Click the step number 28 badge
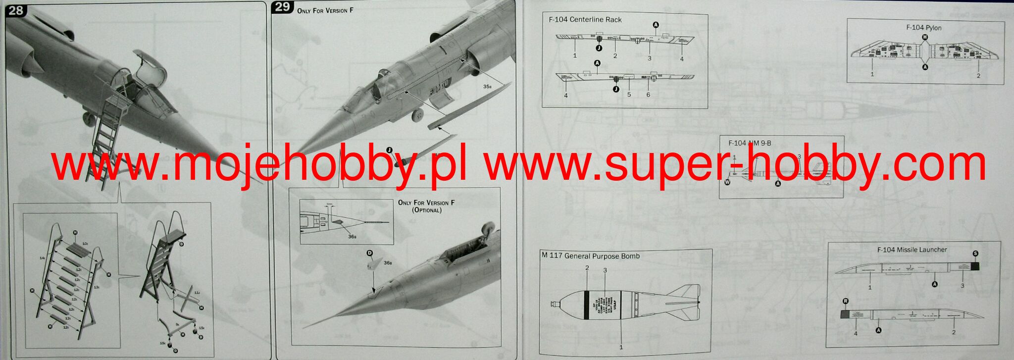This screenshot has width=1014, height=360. [15, 10]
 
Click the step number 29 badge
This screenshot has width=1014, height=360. [283, 7]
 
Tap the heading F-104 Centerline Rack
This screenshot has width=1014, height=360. [585, 20]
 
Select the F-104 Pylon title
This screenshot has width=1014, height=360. [923, 28]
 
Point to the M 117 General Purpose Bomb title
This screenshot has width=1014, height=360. [590, 256]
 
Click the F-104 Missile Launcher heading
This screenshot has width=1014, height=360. [912, 250]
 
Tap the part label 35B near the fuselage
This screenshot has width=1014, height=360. [488, 87]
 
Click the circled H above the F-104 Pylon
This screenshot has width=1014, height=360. [924, 37]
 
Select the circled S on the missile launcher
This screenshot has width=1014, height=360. [975, 254]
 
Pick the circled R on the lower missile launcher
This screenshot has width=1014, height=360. [846, 301]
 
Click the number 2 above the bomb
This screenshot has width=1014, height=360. [587, 268]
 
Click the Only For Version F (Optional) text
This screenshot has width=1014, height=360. [426, 206]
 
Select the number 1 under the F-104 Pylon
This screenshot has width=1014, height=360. [872, 74]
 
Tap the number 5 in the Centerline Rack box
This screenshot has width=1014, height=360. [629, 94]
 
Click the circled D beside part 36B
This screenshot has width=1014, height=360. [369, 253]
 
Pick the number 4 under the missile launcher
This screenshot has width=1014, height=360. [856, 333]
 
